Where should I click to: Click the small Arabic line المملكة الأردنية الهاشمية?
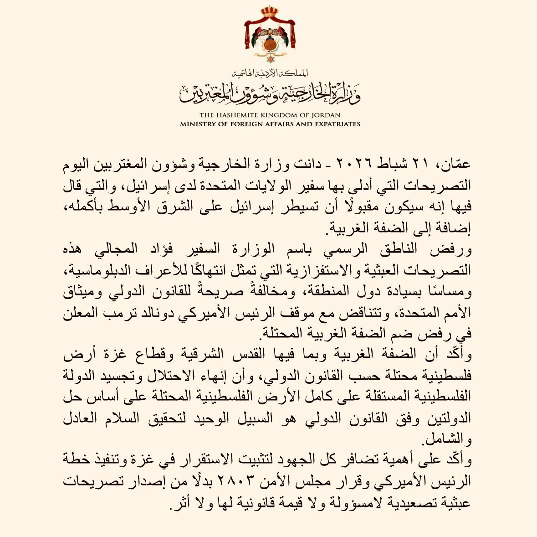tap(270, 73)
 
